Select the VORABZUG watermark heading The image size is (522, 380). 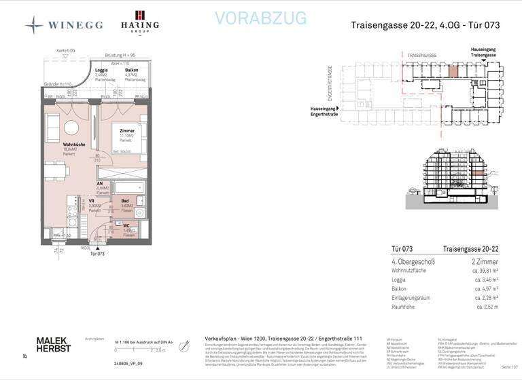pos(260,18)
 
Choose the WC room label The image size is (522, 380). pos(126,225)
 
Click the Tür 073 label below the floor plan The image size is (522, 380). pos(96,253)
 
